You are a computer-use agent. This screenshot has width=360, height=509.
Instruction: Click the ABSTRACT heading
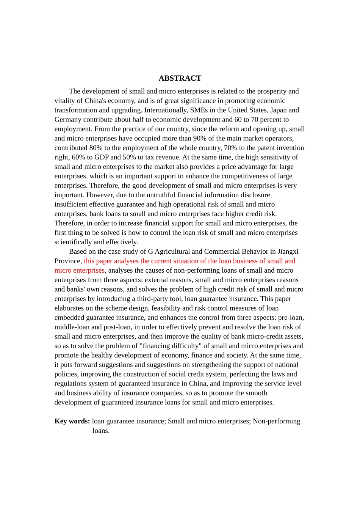(x=180, y=78)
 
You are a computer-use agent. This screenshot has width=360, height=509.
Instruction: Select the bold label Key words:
(x=72, y=421)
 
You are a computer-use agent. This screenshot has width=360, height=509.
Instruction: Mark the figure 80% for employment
(x=96, y=148)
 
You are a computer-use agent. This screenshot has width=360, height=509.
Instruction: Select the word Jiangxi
(x=288, y=252)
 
